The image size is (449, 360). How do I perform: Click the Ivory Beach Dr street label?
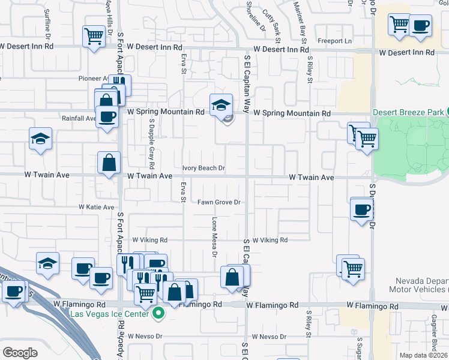(x=203, y=169)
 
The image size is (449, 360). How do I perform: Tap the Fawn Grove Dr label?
(x=219, y=202)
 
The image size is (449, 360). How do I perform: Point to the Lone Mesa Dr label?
(x=214, y=236)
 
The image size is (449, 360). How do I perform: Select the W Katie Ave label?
(x=96, y=207)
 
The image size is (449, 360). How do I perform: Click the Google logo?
(x=20, y=353)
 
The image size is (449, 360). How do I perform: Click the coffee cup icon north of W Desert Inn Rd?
(x=420, y=26)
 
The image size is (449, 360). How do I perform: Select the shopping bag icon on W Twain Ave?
(x=109, y=162)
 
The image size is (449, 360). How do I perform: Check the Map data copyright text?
(x=423, y=355)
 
